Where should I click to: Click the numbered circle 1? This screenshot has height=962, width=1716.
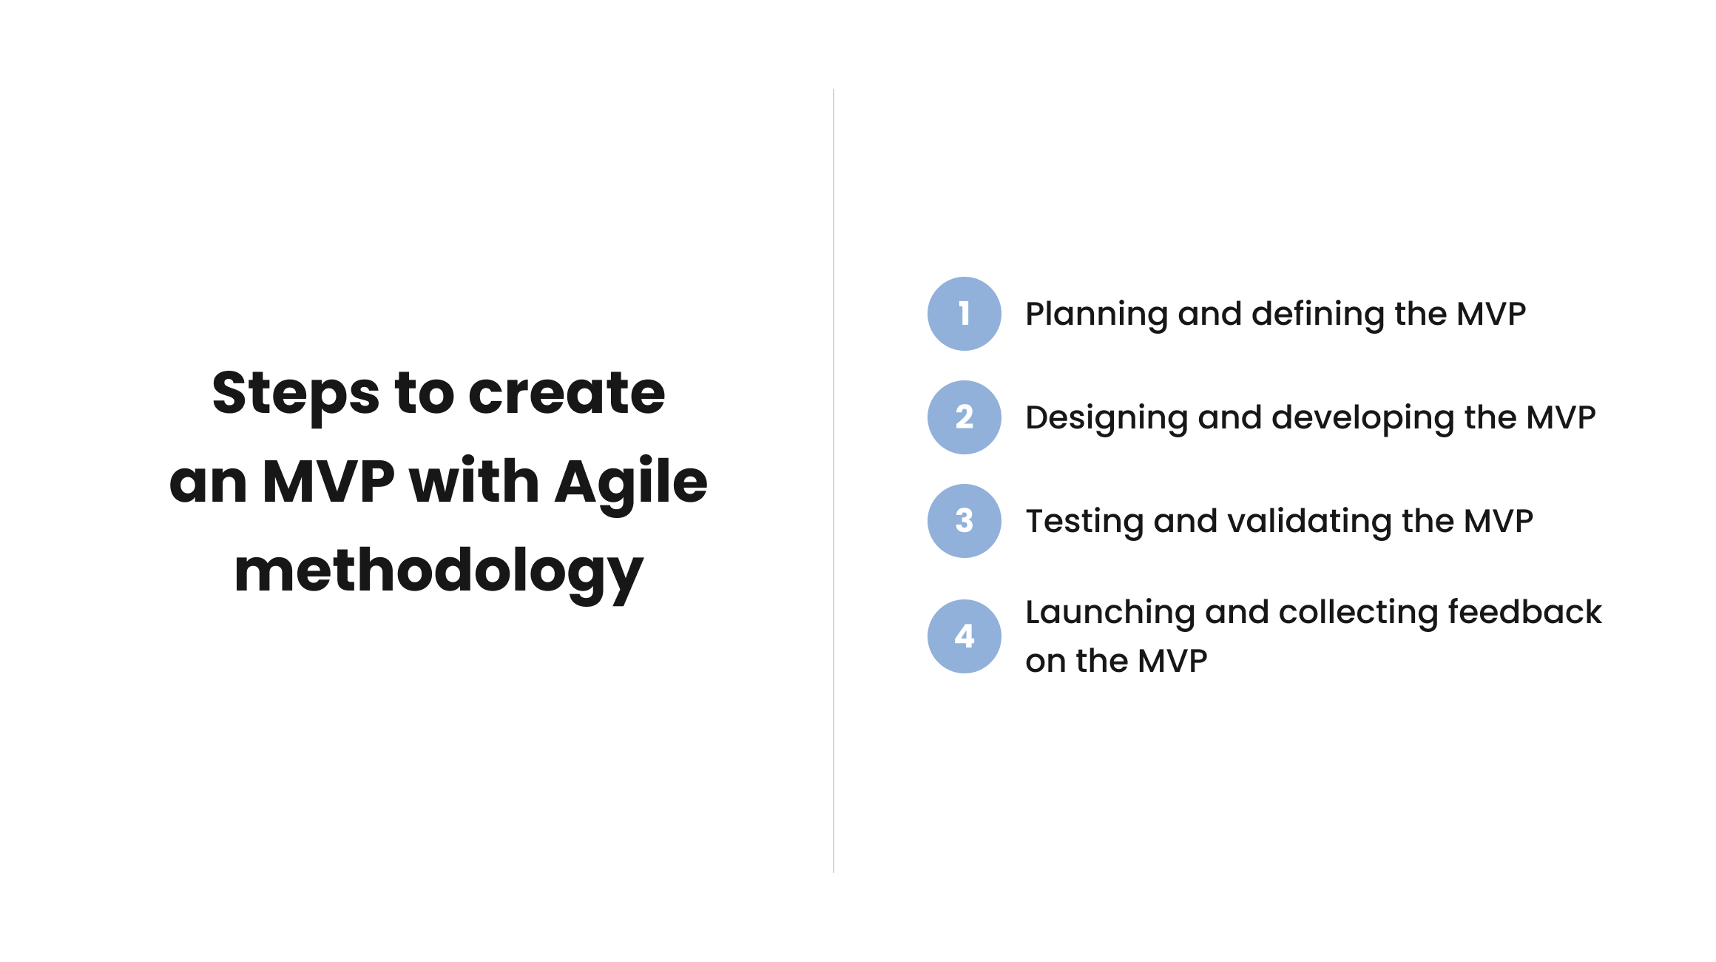point(964,314)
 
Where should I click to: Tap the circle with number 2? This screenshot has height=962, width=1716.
point(964,417)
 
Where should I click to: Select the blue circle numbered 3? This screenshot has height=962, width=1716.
point(964,521)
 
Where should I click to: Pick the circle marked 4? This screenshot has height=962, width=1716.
point(964,636)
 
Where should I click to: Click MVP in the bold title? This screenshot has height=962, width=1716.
point(328,482)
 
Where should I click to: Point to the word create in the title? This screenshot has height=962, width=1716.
point(567,393)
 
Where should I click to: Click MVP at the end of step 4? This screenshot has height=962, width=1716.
point(1172,661)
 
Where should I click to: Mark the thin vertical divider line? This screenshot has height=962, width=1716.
point(834,481)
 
